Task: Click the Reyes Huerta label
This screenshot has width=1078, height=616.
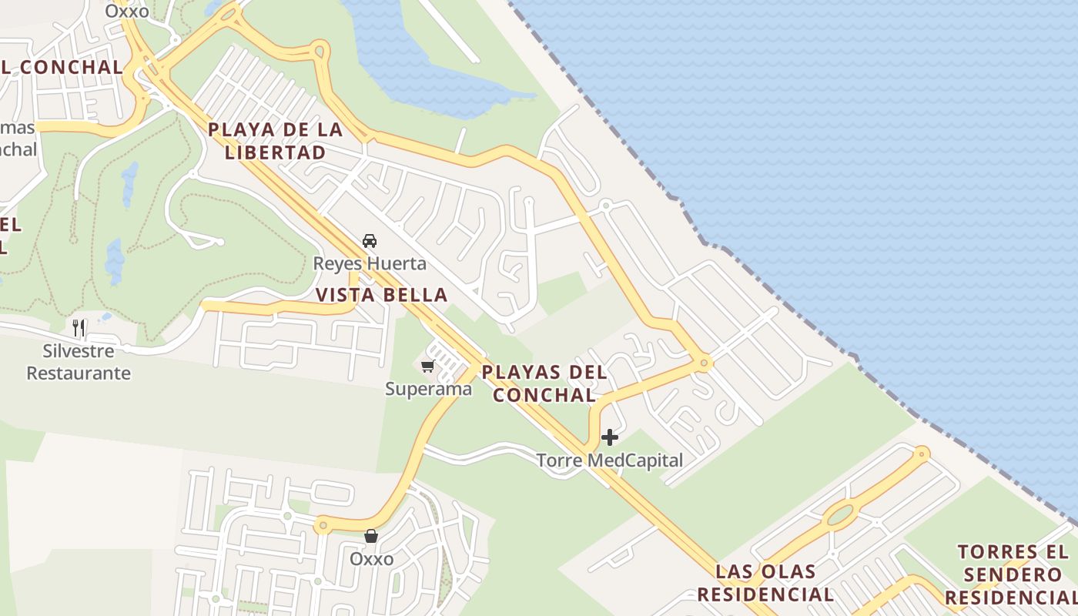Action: (369, 263)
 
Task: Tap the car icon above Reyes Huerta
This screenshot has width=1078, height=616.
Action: (370, 241)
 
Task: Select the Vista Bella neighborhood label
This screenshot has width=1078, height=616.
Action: (382, 294)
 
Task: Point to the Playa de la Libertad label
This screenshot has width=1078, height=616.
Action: (275, 141)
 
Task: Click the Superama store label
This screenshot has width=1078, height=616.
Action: (428, 389)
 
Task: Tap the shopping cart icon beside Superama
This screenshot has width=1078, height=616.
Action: (427, 366)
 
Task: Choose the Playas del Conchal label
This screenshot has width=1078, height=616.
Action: (544, 383)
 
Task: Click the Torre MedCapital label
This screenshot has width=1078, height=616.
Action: (609, 460)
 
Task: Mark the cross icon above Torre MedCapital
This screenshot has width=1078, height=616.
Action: (610, 438)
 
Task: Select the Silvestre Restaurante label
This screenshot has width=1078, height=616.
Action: (79, 362)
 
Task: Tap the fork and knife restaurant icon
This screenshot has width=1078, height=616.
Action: (79, 328)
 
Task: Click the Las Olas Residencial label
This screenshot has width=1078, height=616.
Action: (775, 582)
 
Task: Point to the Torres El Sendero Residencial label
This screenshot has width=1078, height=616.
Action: (1013, 574)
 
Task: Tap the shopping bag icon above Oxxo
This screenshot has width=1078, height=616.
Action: (371, 535)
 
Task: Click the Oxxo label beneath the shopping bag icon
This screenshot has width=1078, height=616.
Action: (371, 558)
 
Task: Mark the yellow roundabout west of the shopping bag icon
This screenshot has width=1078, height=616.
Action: (323, 527)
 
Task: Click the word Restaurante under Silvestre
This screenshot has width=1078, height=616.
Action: (79, 373)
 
